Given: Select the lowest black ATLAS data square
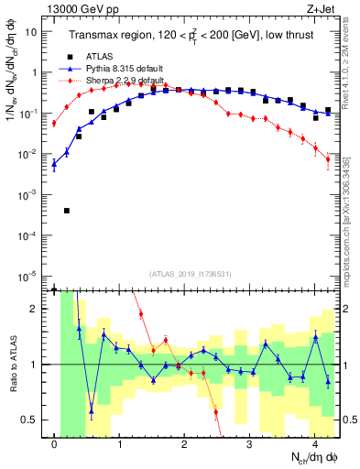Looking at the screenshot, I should pyautogui.click(x=67, y=211).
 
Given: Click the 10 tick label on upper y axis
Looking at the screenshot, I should pyautogui.click(x=30, y=32).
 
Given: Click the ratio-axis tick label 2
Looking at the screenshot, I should pyautogui.click(x=34, y=309).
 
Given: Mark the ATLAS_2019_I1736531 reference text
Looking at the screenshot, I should pyautogui.click(x=191, y=274).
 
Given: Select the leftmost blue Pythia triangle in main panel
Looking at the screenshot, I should pyautogui.click(x=54, y=165).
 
